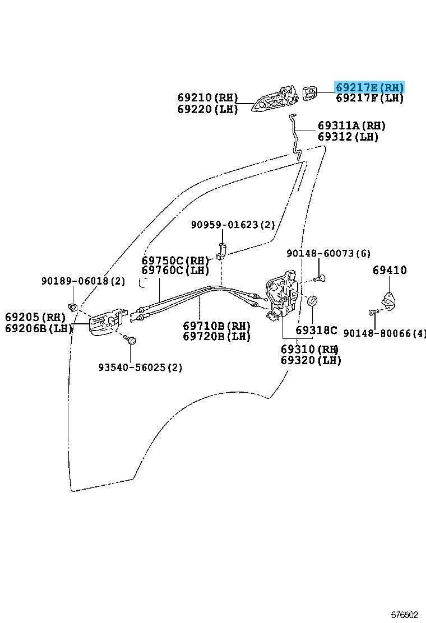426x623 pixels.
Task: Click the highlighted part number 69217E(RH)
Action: (x=369, y=87)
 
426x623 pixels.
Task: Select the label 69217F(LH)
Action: (x=369, y=99)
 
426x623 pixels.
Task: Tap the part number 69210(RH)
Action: (x=208, y=97)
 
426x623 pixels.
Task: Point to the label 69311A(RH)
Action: (x=351, y=125)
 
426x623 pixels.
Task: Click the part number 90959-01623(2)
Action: (x=233, y=225)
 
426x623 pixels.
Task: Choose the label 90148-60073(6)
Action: (x=328, y=254)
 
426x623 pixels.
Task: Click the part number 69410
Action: (x=390, y=271)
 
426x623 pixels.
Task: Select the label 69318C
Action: (x=317, y=331)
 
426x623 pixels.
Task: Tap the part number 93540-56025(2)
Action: (x=140, y=368)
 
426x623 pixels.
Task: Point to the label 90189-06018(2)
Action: (x=83, y=281)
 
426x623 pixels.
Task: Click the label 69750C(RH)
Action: (x=175, y=261)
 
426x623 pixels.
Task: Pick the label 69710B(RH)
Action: (x=216, y=326)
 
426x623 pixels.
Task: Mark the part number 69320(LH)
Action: (x=311, y=360)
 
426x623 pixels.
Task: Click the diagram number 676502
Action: (x=405, y=615)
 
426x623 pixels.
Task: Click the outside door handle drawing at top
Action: (x=275, y=100)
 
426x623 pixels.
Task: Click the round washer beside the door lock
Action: (x=313, y=301)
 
